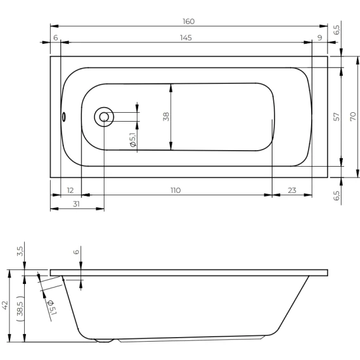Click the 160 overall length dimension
[x=188, y=22]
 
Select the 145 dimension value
[x=186, y=37]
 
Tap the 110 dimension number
[x=176, y=190]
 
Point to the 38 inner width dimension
[x=166, y=117]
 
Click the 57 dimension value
[x=336, y=117]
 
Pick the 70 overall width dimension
[x=353, y=117]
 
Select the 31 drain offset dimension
[x=77, y=204]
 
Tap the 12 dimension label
[x=70, y=190]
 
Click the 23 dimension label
[x=292, y=190]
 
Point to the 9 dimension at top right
[x=320, y=37]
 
